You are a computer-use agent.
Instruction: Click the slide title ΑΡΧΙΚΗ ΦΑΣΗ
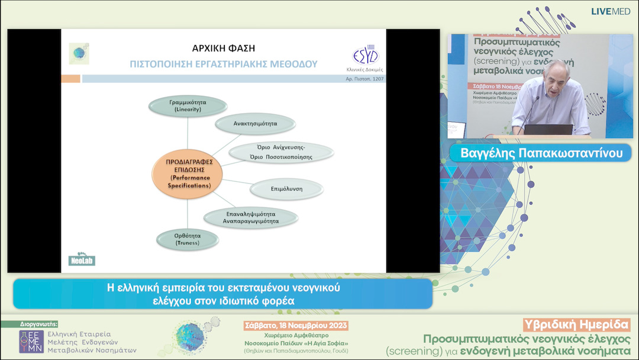tap(224, 48)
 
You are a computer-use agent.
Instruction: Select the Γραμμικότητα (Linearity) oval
tap(188, 106)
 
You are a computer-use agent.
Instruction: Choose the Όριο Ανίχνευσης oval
tap(281, 152)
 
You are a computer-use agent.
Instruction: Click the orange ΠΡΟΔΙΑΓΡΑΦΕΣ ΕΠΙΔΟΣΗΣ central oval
tap(188, 173)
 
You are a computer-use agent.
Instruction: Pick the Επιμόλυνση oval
tap(286, 189)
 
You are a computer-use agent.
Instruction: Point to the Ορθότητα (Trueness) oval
tap(188, 239)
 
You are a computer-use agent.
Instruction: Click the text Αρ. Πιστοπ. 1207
tap(364, 79)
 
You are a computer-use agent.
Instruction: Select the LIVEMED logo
tap(610, 11)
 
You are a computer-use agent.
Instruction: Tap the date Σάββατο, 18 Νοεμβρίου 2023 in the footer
tap(296, 326)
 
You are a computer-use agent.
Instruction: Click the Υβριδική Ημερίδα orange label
tap(576, 324)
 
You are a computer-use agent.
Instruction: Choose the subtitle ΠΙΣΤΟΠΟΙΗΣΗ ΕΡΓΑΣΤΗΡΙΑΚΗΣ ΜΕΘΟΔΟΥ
tap(223, 63)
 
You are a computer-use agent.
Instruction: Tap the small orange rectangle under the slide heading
tap(71, 79)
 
